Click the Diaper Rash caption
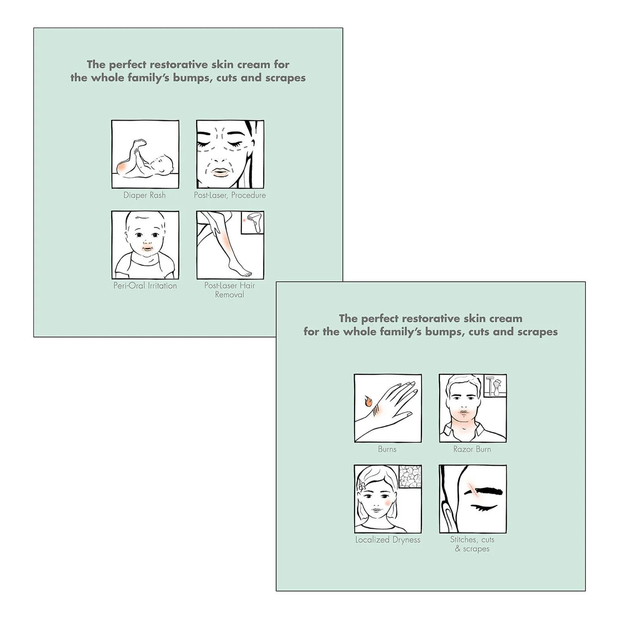coord(144,195)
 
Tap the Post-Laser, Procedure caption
coord(230,195)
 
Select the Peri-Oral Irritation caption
coord(145,286)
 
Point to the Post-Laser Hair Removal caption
coord(229,290)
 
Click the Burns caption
coord(387,449)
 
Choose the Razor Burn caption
coord(472,449)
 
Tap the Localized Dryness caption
coord(388,540)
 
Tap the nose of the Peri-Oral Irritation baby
coord(146,242)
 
